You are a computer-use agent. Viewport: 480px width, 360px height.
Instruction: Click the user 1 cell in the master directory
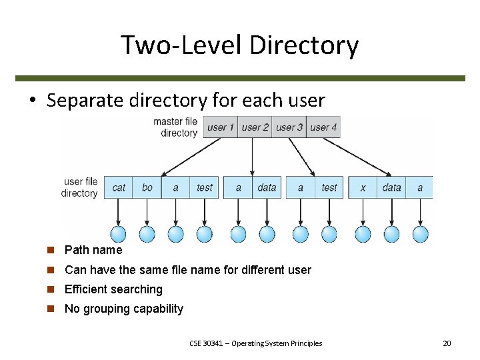[x=221, y=127]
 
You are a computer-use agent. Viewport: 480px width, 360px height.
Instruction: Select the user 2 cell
[x=255, y=127]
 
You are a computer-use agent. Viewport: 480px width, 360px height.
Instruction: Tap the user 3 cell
[x=289, y=127]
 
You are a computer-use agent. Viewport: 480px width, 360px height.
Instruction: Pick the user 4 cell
[x=323, y=127]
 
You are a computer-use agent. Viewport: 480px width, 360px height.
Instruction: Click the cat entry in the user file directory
[x=119, y=187]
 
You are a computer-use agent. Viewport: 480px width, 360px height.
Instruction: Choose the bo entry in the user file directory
[x=147, y=187]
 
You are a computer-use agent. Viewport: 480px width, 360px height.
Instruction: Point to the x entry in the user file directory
[x=363, y=187]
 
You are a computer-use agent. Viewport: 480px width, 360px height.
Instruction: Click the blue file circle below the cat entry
[x=118, y=234]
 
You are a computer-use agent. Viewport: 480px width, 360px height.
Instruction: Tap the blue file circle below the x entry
[x=363, y=234]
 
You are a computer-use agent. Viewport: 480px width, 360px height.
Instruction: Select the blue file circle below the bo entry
[x=147, y=234]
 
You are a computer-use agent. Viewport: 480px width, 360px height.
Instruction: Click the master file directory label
[x=175, y=127]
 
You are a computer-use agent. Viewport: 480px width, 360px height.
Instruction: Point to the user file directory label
[x=80, y=187]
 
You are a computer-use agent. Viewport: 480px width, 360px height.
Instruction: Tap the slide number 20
[x=447, y=343]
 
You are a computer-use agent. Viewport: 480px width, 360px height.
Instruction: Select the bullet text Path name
[x=93, y=250]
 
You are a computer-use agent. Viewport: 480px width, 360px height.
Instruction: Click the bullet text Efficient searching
[x=113, y=289]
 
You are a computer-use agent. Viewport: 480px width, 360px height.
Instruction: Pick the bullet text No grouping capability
[x=123, y=309]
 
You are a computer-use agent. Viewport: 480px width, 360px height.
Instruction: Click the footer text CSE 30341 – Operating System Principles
[x=255, y=343]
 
